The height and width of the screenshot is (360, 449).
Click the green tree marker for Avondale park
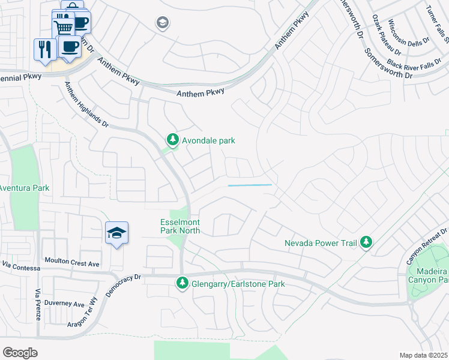[x=173, y=140]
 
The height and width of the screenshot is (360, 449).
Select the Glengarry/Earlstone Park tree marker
[x=182, y=283]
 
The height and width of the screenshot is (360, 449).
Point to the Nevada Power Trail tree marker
[x=366, y=243]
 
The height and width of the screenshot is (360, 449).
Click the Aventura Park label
[x=24, y=188]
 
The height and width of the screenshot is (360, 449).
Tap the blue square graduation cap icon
[x=117, y=234]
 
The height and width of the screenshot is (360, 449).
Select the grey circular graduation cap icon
[x=162, y=23]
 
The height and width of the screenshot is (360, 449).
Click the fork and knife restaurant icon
[x=45, y=49]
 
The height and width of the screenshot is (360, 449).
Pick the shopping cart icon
[x=63, y=26]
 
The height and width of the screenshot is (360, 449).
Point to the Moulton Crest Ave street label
[x=72, y=263]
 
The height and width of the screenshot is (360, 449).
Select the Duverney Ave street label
[x=62, y=304]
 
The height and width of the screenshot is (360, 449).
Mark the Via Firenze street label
[x=37, y=304]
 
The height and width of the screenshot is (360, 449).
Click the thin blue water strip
[x=250, y=185]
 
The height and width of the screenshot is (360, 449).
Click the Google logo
[x=20, y=353]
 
